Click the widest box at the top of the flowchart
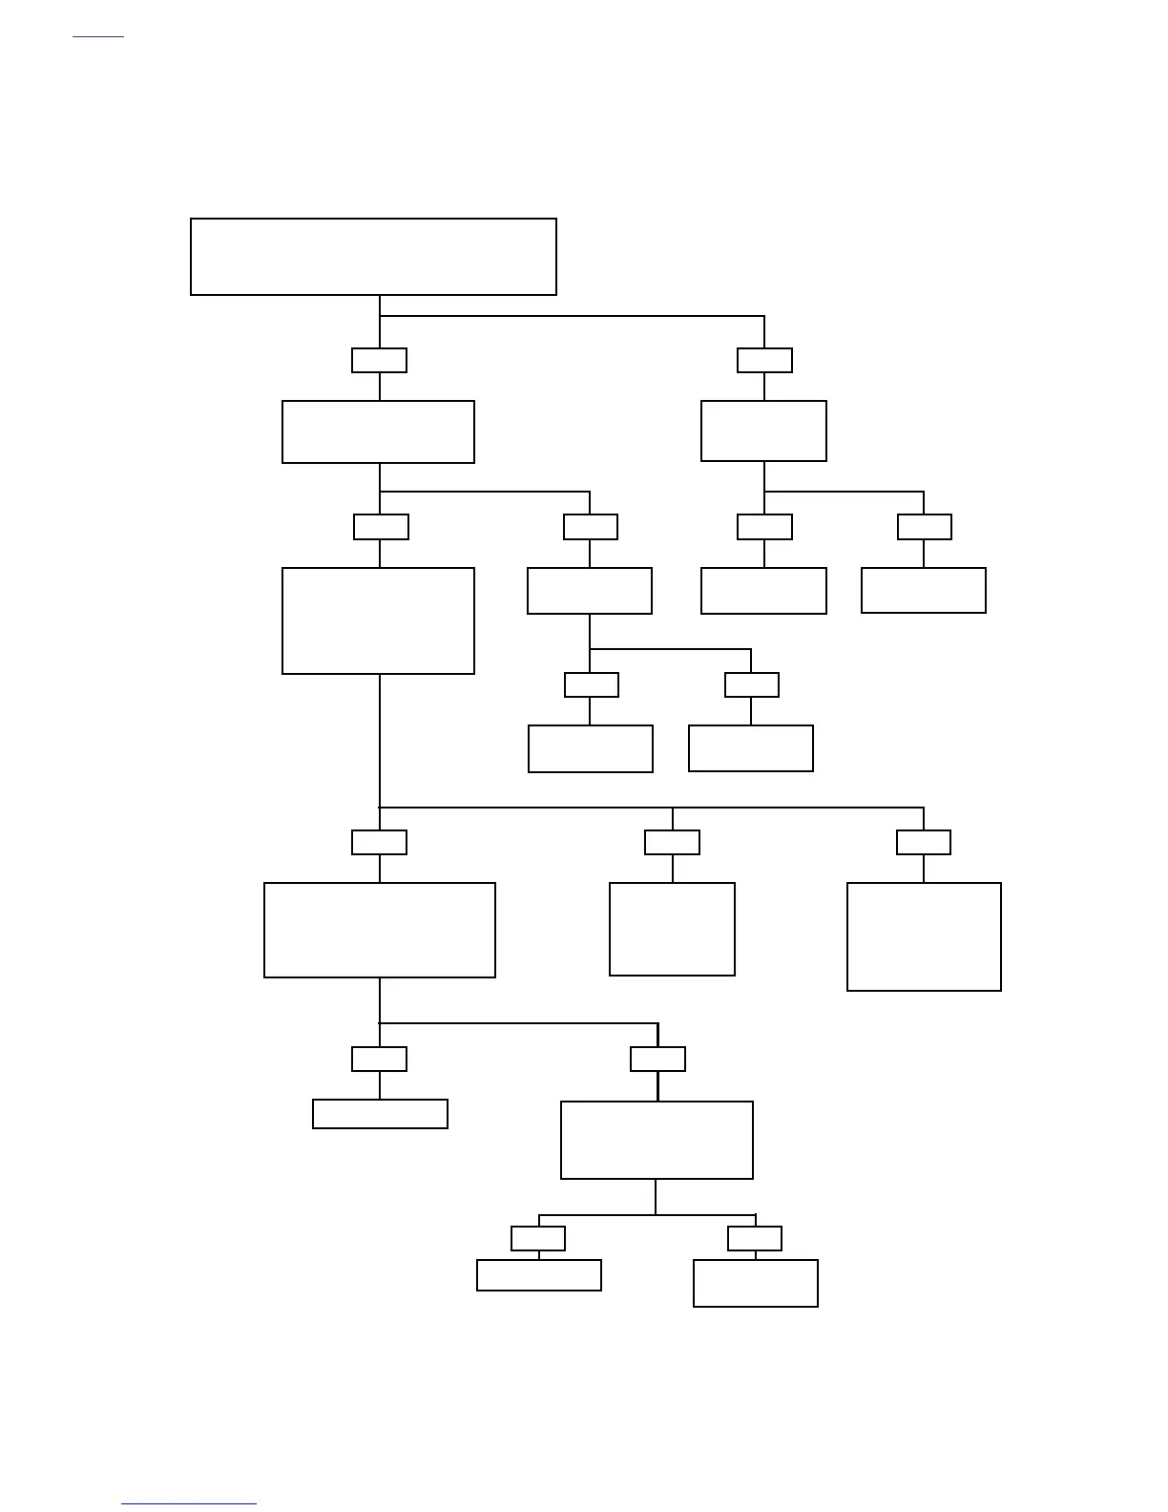click(x=373, y=257)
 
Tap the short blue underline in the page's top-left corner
click(x=98, y=37)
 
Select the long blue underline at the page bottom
click(x=189, y=1503)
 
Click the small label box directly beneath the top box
click(x=379, y=360)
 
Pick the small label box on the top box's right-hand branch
click(x=764, y=360)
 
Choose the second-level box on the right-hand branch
click(x=763, y=430)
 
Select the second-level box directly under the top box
click(x=378, y=431)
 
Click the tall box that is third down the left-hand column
click(x=378, y=620)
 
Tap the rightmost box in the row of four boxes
click(x=923, y=590)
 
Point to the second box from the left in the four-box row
click(x=589, y=591)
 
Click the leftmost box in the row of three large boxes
click(x=379, y=930)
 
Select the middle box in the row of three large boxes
click(x=672, y=929)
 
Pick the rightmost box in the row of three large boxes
click(x=924, y=936)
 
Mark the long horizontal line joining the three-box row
click(x=651, y=808)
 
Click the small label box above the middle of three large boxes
click(x=672, y=842)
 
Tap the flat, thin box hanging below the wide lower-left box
click(x=380, y=1114)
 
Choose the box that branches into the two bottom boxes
click(x=657, y=1140)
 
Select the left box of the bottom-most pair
click(x=538, y=1275)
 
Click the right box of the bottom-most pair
click(x=755, y=1283)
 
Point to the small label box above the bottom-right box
click(x=754, y=1238)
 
